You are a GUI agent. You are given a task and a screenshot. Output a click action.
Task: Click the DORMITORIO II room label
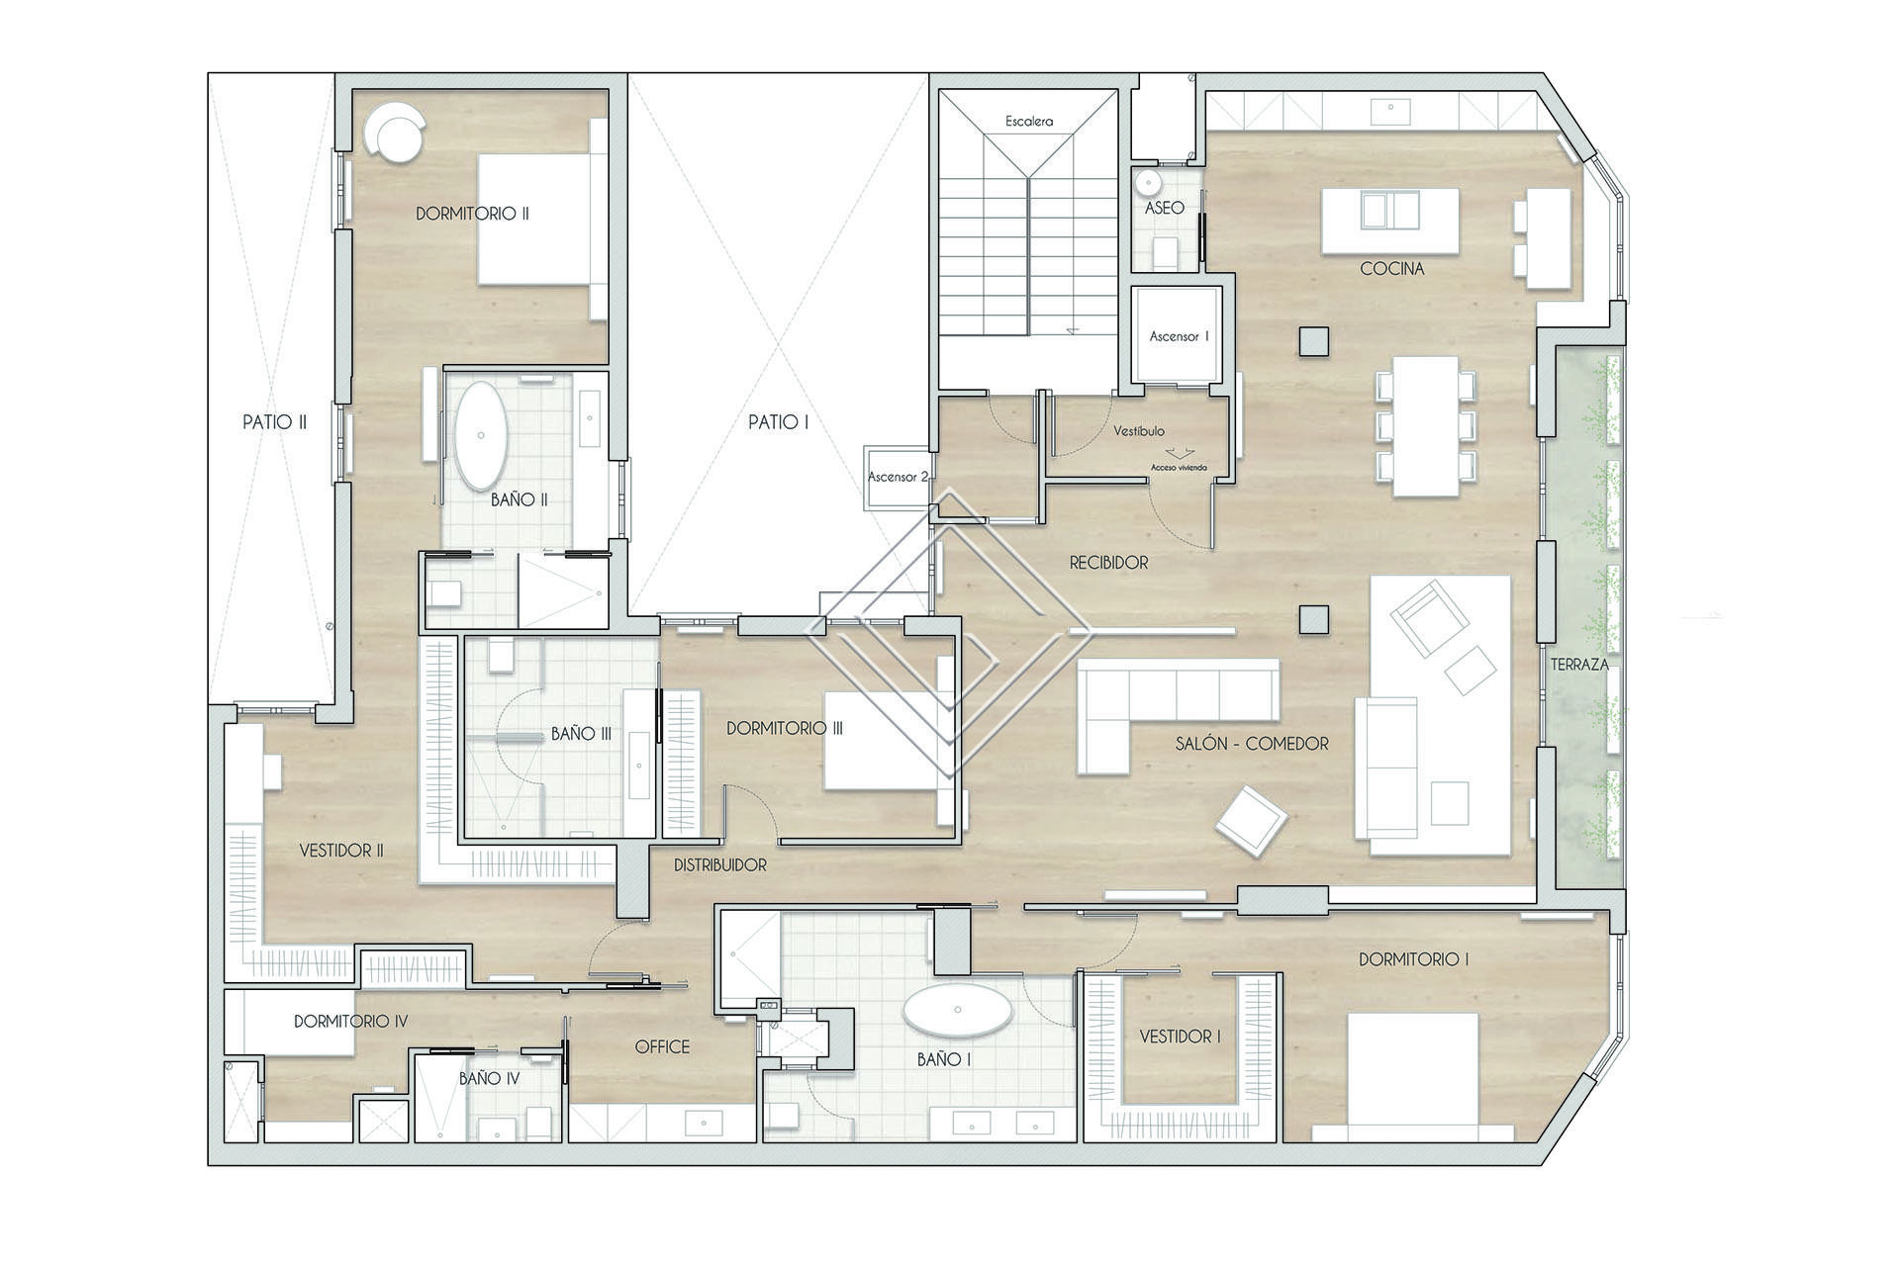tap(472, 214)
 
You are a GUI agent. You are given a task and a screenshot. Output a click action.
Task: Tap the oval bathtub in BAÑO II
tap(481, 436)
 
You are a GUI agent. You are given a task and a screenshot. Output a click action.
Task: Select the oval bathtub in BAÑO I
tap(957, 1010)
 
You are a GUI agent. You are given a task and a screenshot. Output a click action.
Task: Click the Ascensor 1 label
tap(1179, 336)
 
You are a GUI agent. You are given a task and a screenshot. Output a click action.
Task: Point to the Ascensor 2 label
tap(899, 477)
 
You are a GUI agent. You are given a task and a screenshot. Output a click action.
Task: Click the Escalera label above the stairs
tap(1029, 122)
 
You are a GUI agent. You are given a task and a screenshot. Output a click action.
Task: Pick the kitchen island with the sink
tap(1389, 221)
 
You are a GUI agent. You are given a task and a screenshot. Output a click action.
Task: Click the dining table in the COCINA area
tap(1425, 426)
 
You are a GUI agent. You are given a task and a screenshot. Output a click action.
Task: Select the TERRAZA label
tap(1579, 665)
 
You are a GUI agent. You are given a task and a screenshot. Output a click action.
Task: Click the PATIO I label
tap(779, 422)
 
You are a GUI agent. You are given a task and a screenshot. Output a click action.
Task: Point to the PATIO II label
tap(274, 422)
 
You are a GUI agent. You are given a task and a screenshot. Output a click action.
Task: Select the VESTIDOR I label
tap(1180, 1037)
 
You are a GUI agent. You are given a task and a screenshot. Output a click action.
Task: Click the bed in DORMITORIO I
tap(1413, 1076)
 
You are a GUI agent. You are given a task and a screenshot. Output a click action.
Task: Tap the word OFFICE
tap(662, 1046)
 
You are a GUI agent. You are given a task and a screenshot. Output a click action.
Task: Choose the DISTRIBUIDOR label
tap(720, 865)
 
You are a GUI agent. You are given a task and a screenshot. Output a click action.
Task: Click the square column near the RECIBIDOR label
tap(1313, 619)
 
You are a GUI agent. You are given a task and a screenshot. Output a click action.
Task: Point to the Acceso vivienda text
tap(1179, 468)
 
